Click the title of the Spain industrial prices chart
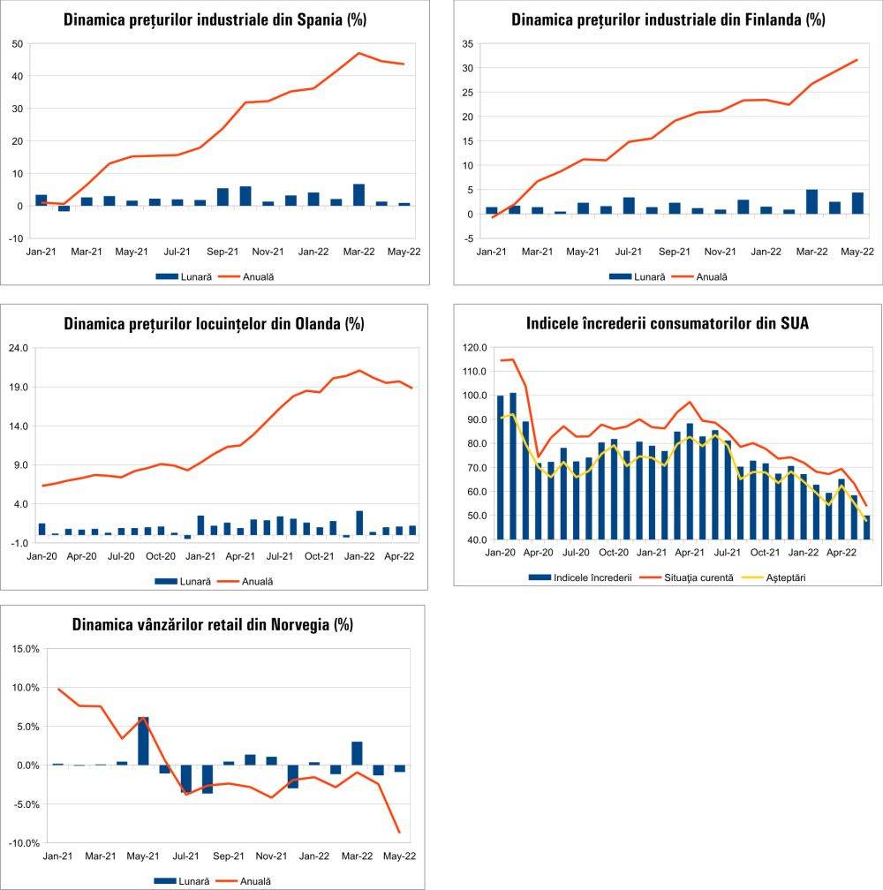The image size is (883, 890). [x=215, y=19]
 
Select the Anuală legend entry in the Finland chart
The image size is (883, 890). [x=711, y=276]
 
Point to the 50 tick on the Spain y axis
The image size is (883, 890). [x=16, y=43]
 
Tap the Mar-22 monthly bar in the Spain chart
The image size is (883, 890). [x=358, y=195]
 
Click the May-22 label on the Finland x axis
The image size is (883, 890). [x=857, y=252]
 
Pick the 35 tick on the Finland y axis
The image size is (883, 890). [x=467, y=43]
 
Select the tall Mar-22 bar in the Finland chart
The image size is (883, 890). [x=811, y=202]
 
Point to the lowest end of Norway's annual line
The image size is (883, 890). [x=400, y=833]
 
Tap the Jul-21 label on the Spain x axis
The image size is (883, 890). [x=177, y=252]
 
